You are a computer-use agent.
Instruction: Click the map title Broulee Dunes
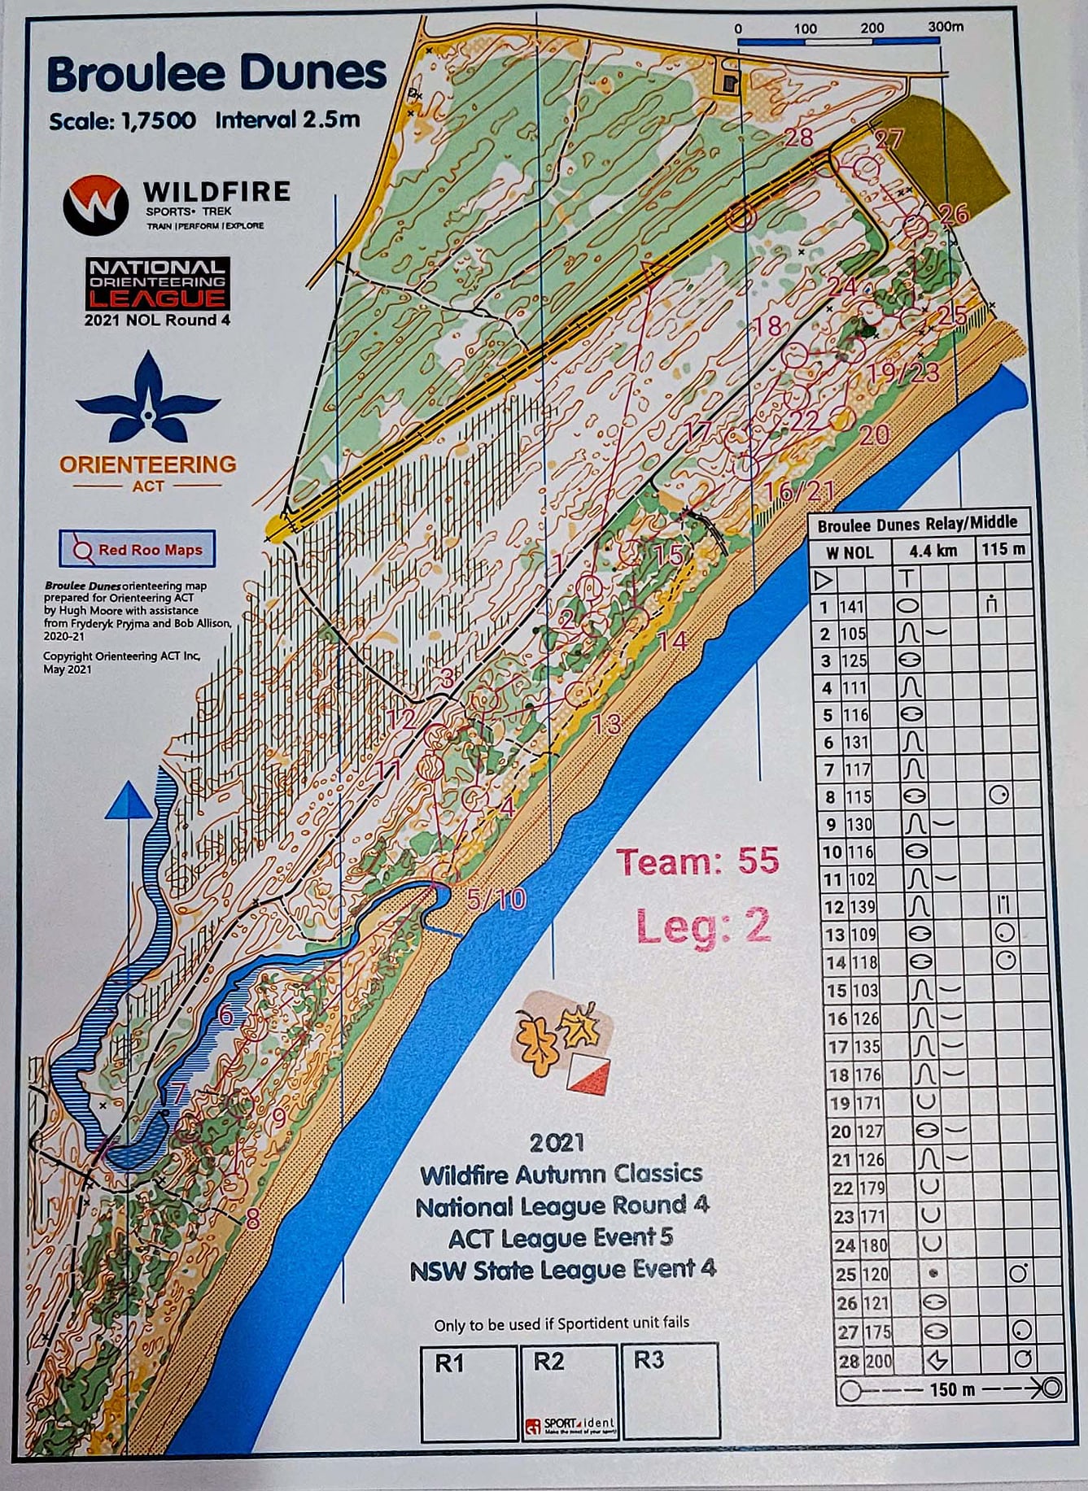click(216, 74)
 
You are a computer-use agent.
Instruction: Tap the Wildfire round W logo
click(96, 205)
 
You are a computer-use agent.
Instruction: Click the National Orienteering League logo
click(158, 284)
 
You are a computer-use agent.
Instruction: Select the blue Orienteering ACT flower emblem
click(147, 401)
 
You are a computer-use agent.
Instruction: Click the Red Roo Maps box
click(137, 549)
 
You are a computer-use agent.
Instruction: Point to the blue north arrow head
click(128, 800)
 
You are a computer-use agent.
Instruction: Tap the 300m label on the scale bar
click(945, 27)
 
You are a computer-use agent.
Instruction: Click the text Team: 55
click(697, 861)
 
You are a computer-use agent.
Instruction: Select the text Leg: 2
click(702, 926)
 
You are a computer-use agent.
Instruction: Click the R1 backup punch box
click(469, 1392)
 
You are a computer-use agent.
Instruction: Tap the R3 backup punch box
click(669, 1392)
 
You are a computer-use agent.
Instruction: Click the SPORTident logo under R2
click(570, 1426)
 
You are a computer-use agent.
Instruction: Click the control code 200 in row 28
click(878, 1361)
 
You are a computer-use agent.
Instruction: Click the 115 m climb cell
click(1003, 550)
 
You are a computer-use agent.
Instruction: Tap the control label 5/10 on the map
click(496, 899)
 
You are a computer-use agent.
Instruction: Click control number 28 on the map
click(799, 137)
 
